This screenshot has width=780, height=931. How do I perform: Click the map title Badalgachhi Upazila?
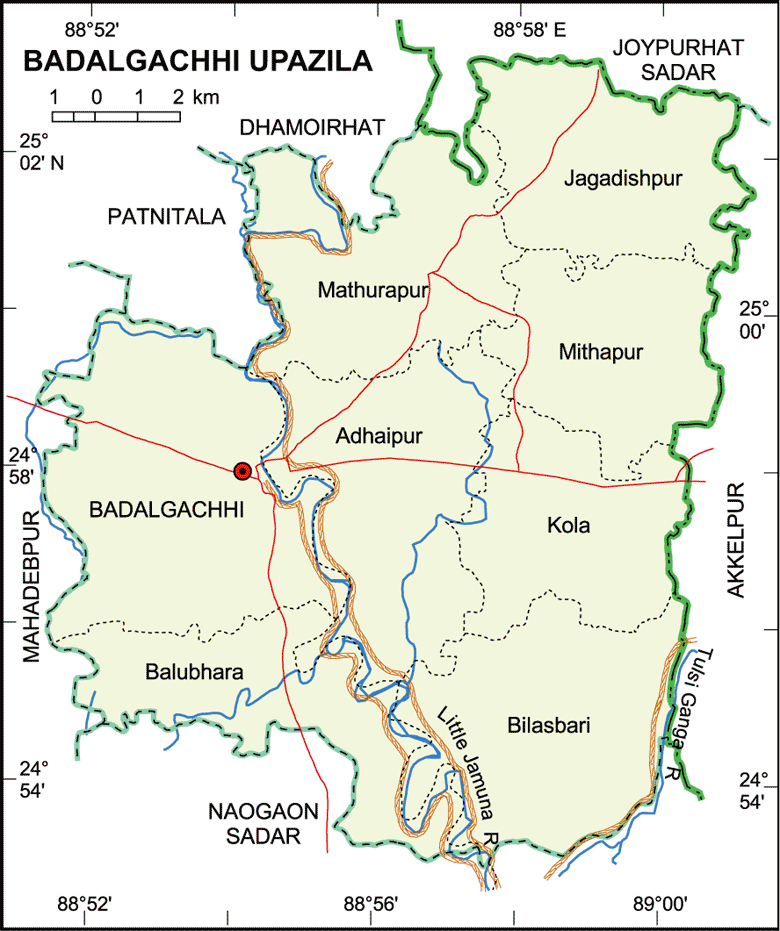[197, 61]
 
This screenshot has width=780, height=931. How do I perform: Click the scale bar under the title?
[116, 115]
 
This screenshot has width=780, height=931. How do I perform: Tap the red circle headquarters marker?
[241, 471]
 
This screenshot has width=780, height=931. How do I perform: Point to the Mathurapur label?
[372, 291]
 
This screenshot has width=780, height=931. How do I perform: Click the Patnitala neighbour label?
[167, 216]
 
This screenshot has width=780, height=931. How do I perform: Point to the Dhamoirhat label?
[312, 127]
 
